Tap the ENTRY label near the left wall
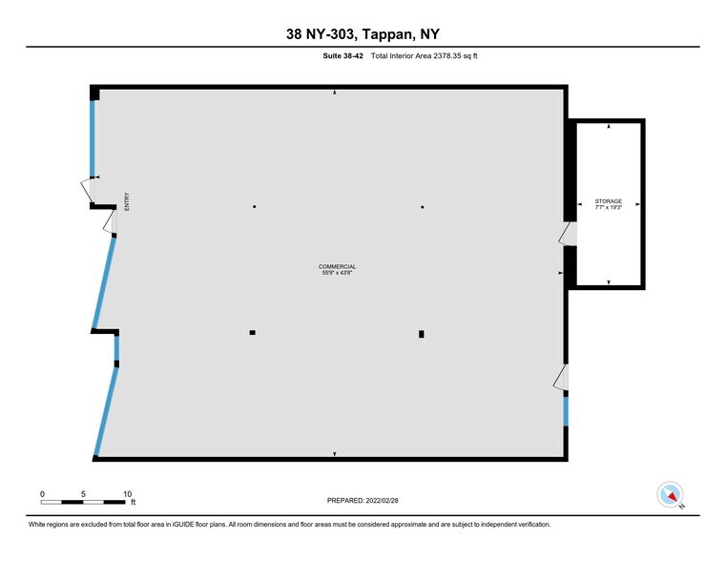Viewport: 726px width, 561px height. [125, 201]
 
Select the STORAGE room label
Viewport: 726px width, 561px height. [608, 201]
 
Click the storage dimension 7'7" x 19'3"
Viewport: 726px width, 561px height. [608, 208]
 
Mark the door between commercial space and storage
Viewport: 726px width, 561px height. [569, 234]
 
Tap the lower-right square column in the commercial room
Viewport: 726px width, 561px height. [421, 334]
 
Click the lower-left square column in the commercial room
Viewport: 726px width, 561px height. [252, 333]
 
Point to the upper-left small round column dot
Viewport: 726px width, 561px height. [254, 207]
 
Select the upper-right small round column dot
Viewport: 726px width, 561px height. [422, 207]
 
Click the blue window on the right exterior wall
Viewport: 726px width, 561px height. [565, 411]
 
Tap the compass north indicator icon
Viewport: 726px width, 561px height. [671, 495]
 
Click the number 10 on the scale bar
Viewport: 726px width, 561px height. [128, 494]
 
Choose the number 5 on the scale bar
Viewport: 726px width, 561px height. [84, 494]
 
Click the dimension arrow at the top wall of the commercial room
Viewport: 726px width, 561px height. [334, 93]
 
